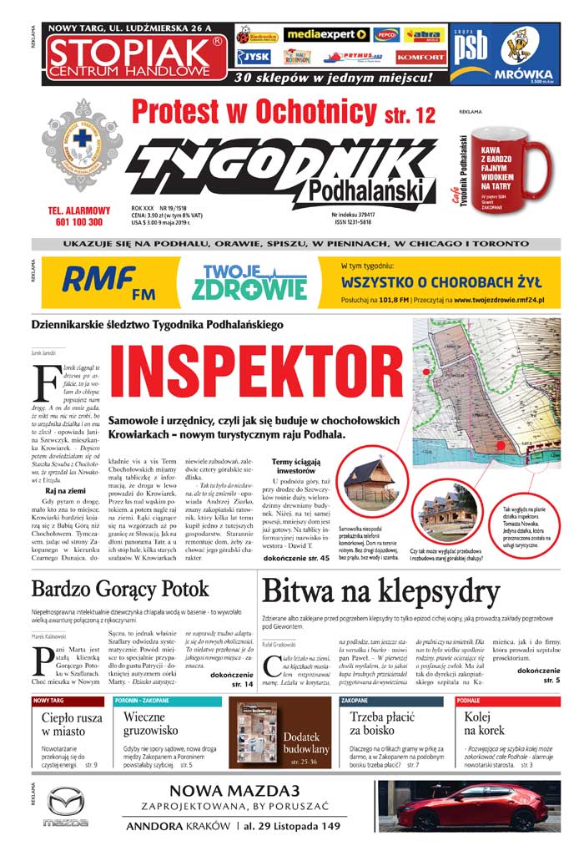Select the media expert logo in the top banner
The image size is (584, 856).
pyautogui.click(x=326, y=35)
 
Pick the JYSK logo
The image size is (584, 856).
pyautogui.click(x=254, y=57)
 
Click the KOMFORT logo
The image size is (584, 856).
pyautogui.click(x=420, y=57)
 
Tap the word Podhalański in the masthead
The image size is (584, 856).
pyautogui.click(x=365, y=191)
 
